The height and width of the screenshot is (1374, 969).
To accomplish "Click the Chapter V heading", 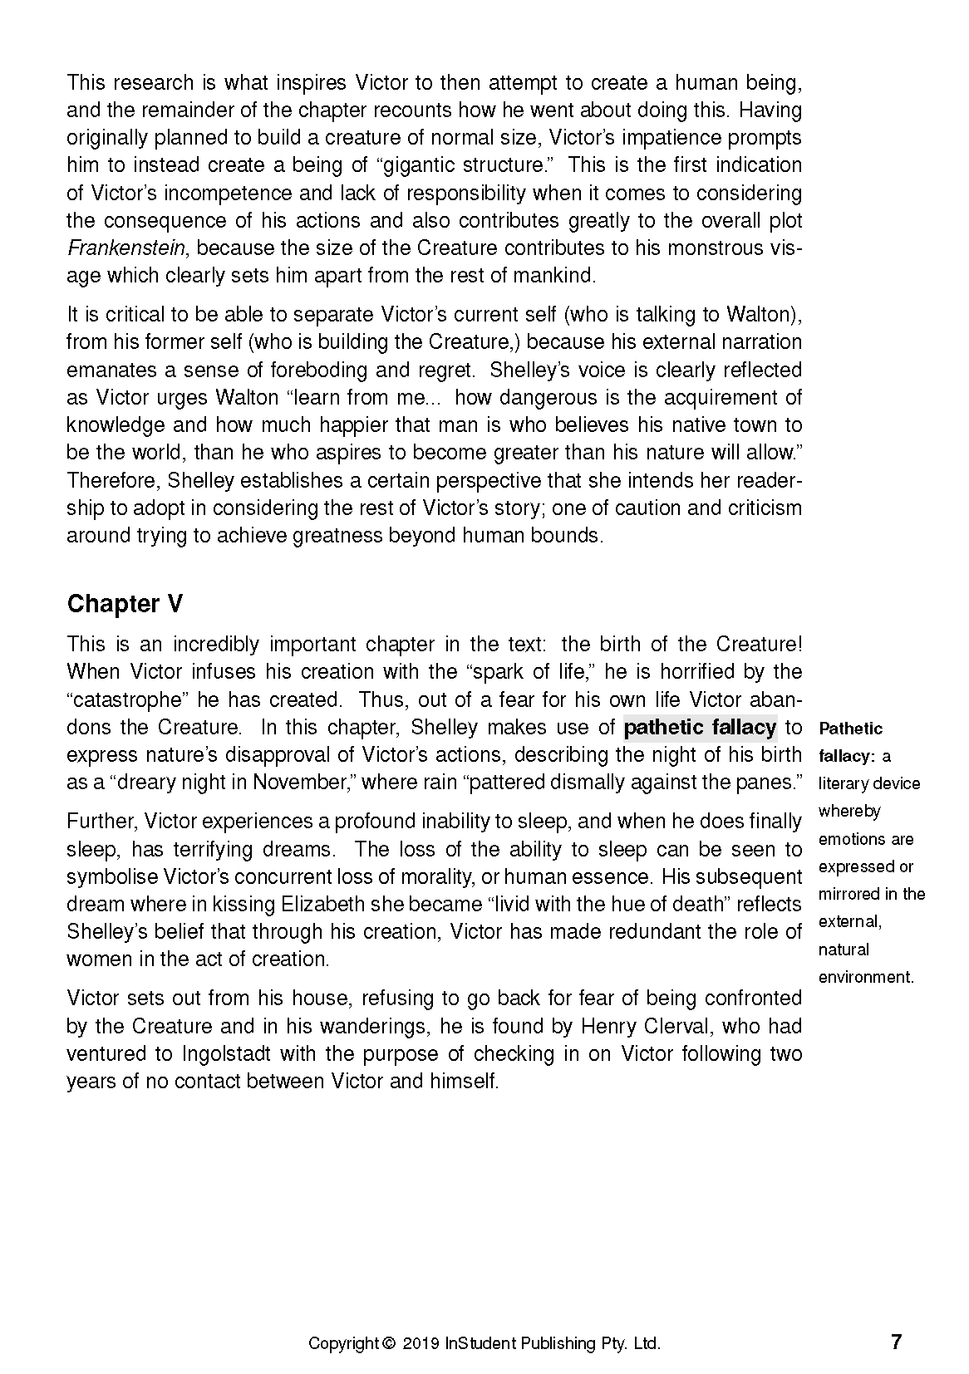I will point(125,604).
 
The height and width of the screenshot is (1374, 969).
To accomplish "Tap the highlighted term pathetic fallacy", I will point(700,728).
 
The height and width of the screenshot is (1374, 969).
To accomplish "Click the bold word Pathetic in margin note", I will point(851,729).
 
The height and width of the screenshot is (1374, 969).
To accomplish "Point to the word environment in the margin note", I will point(865,978).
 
